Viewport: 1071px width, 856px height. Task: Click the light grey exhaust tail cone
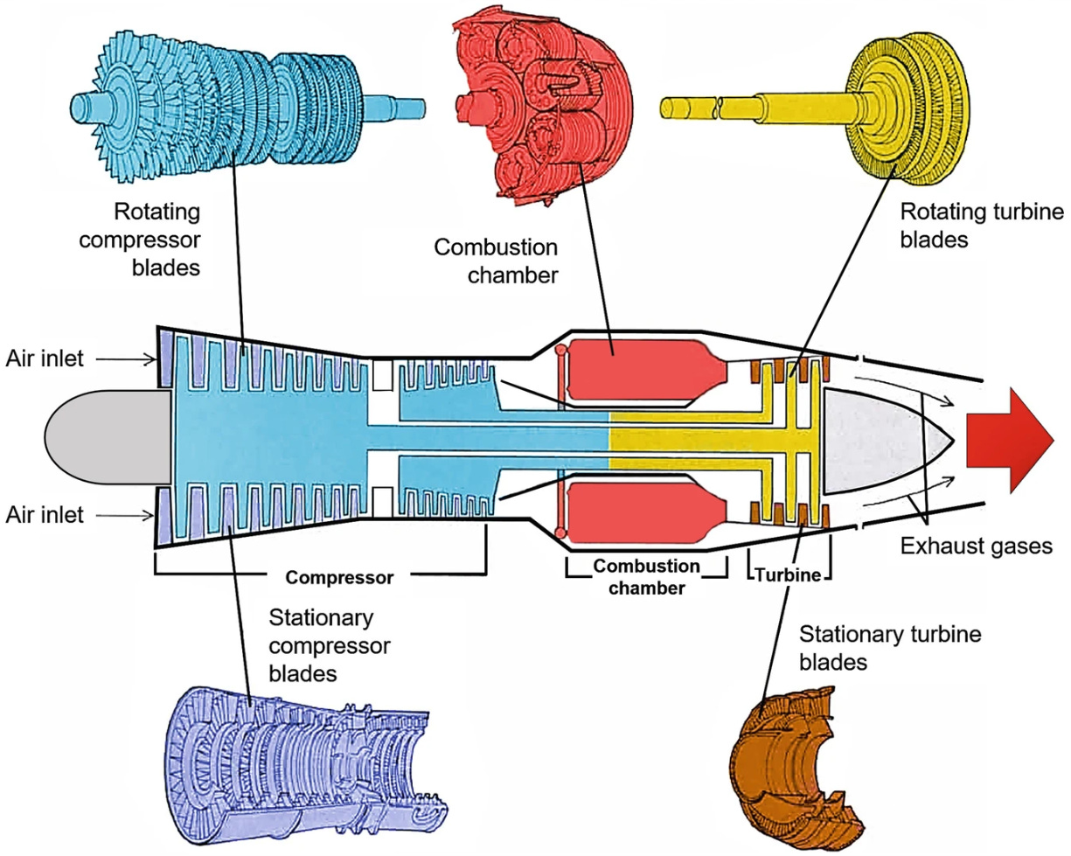pos(879,437)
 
